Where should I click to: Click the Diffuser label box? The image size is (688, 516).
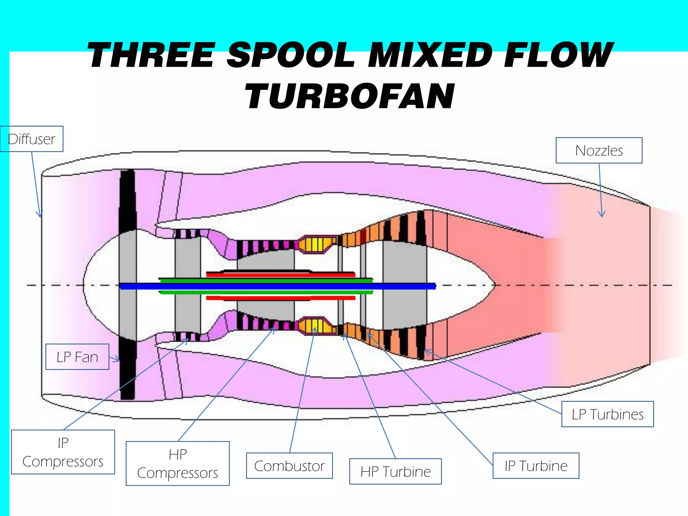pos(32,139)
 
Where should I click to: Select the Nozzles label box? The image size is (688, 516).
pos(599,150)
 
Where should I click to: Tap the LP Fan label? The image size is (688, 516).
pos(77,357)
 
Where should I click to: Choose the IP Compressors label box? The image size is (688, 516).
pos(63,452)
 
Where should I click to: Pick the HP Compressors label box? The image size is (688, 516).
pos(177,463)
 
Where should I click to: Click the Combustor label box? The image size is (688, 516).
pos(289,466)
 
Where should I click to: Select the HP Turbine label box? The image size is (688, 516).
pos(395,471)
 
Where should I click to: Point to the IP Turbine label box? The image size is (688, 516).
pos(536,466)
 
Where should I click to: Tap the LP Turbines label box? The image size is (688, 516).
pos(607,414)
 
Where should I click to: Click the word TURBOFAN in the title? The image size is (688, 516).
pos(349,96)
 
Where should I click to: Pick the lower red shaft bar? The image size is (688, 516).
pos(281,298)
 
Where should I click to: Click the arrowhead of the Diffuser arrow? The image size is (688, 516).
pos(40,215)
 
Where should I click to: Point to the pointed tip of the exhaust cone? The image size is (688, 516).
pos(494,285)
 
